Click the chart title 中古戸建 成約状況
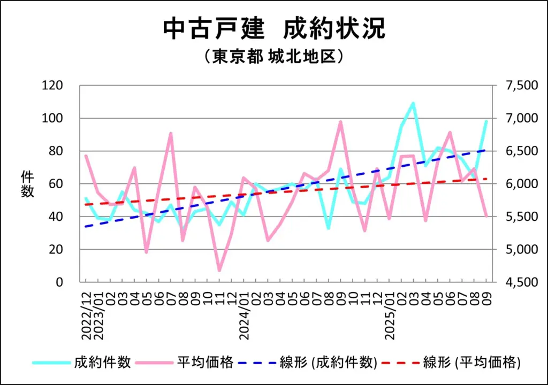[x=274, y=29]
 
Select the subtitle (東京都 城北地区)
[x=273, y=57]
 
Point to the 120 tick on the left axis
[x=56, y=86]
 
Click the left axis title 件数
[x=27, y=184]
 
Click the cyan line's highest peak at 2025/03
[x=413, y=103]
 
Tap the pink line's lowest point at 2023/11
[x=219, y=271]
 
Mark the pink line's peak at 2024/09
[x=340, y=122]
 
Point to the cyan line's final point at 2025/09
[x=486, y=121]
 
